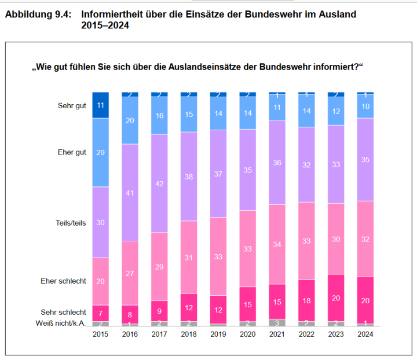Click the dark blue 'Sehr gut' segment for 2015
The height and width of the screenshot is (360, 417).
point(101,105)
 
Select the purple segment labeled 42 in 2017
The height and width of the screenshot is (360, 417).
point(159,183)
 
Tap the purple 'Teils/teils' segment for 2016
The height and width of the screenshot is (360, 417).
point(130,192)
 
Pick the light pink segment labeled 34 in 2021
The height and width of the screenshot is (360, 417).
point(277,244)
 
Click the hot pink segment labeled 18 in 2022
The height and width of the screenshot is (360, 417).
point(306,300)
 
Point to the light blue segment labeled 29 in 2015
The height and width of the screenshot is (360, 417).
point(101,152)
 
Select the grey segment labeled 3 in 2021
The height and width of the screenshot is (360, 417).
point(277,322)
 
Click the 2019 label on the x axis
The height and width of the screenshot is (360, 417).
point(218,335)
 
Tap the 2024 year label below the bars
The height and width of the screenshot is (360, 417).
point(365,335)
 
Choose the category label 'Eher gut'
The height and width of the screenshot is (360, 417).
point(72,153)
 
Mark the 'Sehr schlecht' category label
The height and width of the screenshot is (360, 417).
point(64,311)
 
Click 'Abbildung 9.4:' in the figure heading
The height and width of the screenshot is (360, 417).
point(38,13)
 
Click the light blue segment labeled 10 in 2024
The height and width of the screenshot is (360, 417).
point(365,106)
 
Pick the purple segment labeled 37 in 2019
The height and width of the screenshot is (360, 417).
point(218,174)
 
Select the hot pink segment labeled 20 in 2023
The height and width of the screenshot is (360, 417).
point(336,297)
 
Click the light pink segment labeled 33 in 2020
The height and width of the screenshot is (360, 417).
point(248,248)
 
